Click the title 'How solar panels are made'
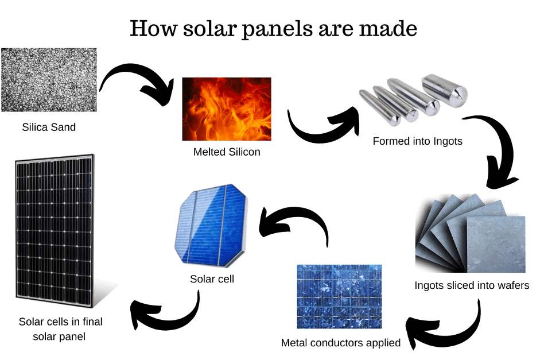pos(274,29)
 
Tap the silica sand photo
pos(49,80)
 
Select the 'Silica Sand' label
pos(49,127)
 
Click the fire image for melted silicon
pos(227,109)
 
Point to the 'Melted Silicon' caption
pos(227,152)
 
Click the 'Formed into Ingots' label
pos(417,141)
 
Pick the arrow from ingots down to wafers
pos(504,145)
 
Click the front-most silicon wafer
pos(496,244)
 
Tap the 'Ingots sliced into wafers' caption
pos(472,285)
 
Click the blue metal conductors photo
pos(339,297)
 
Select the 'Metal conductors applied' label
pos(341,343)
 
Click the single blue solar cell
pos(211,226)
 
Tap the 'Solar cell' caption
pos(212,279)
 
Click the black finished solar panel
pos(55,231)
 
